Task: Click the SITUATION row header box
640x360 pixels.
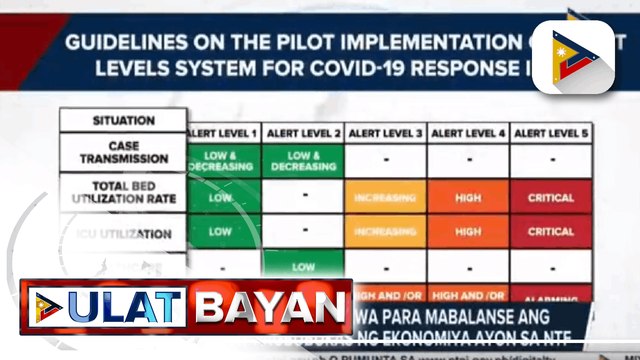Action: pos(123,120)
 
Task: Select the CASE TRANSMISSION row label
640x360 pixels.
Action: pos(123,151)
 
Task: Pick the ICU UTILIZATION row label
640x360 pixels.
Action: pos(123,231)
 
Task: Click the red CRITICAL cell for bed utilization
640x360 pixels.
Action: pos(550,197)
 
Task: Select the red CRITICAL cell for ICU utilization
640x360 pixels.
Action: pos(550,231)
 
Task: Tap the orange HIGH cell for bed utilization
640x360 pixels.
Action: pos(467,197)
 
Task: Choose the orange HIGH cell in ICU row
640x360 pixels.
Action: pos(467,231)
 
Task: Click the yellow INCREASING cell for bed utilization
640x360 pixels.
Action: pos(385,197)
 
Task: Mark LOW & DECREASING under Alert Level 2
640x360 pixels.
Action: pos(303,160)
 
